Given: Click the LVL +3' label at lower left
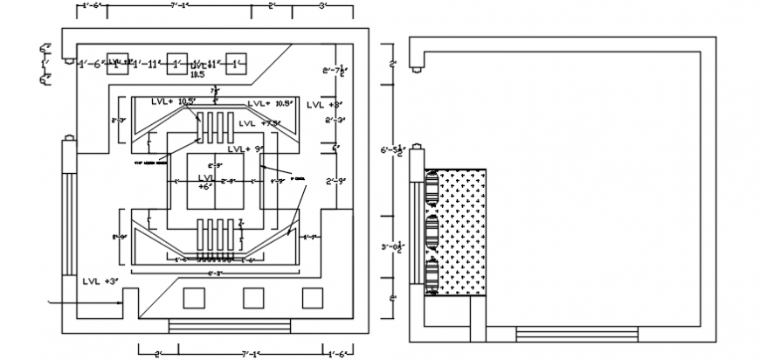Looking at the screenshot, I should tap(100, 281).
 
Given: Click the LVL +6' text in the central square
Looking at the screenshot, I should tap(204, 181).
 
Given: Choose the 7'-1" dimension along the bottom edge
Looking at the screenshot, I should tap(252, 354).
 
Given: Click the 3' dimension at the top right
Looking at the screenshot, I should tap(322, 6).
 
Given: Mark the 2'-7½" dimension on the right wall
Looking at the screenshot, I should tap(335, 72).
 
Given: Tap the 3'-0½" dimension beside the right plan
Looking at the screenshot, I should tap(390, 247).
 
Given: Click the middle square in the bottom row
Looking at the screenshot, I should tap(254, 298).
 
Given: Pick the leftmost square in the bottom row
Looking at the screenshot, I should tap(195, 298).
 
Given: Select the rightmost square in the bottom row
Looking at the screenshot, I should tap(313, 298).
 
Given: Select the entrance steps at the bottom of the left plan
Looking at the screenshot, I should tap(209, 326).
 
